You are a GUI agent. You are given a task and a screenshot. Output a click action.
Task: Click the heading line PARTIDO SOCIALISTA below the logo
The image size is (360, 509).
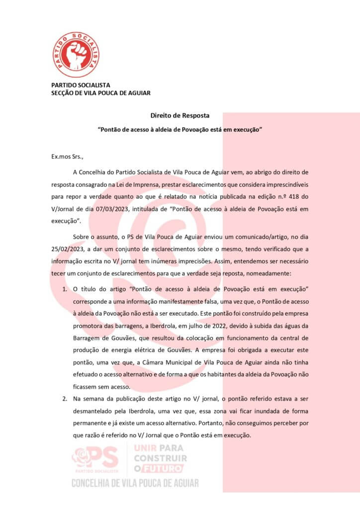pyautogui.click(x=81, y=85)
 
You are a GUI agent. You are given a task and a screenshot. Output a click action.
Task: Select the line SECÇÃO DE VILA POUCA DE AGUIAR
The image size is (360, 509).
pyautogui.click(x=100, y=93)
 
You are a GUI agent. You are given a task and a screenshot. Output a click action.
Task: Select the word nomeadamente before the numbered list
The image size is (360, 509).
pyautogui.click(x=280, y=273)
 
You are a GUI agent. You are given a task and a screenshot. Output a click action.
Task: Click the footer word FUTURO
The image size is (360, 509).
pyautogui.click(x=164, y=468)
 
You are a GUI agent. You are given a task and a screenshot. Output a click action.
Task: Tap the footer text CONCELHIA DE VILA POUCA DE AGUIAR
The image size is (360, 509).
pyautogui.click(x=135, y=483)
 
